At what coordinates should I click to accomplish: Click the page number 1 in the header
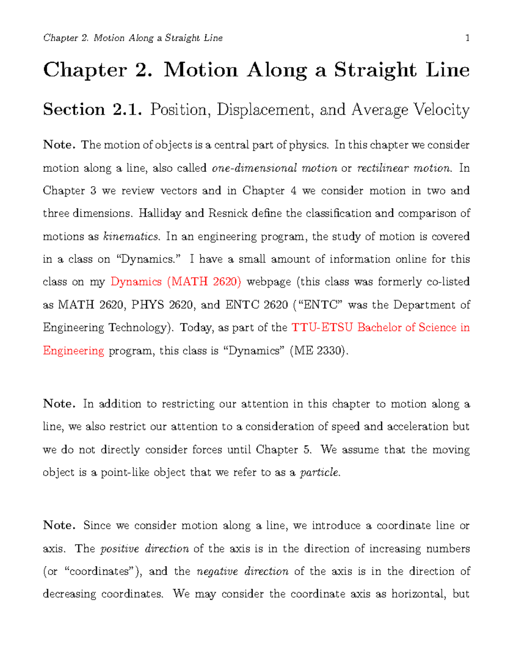click(x=467, y=38)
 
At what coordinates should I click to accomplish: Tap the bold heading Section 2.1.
click(x=92, y=109)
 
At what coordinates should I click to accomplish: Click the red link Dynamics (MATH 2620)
click(x=176, y=282)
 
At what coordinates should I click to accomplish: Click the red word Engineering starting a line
click(x=74, y=350)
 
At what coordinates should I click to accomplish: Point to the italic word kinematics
click(x=131, y=237)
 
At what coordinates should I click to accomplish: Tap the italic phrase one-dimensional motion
click(x=275, y=168)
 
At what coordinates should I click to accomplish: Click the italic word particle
click(x=319, y=473)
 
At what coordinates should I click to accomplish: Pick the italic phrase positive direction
click(x=144, y=549)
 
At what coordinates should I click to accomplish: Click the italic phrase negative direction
click(x=242, y=572)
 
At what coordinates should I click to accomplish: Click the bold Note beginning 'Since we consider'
click(x=59, y=525)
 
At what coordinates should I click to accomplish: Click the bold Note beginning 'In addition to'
click(x=59, y=404)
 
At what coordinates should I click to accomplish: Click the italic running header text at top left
click(x=133, y=38)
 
